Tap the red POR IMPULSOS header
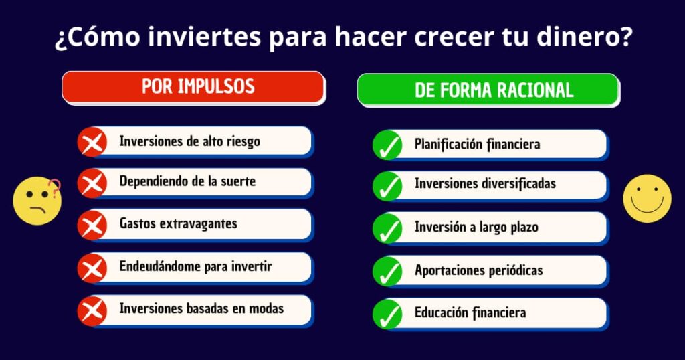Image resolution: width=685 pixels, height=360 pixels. [193, 87]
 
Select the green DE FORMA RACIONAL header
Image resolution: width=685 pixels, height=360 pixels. [488, 90]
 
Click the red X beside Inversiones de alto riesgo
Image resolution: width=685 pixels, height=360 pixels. [92, 142]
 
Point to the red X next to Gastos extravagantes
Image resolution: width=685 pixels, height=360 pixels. [92, 226]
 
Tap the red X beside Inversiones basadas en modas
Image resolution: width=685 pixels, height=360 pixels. [92, 311]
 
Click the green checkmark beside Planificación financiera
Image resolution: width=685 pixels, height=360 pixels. [387, 145]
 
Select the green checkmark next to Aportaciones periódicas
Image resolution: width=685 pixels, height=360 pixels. [387, 271]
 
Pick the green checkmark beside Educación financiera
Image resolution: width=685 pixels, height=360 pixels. [387, 314]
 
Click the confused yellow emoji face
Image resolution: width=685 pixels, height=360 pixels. [37, 201]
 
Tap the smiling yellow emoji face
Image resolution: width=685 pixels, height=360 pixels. [647, 199]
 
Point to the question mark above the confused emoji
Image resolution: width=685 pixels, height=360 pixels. [55, 188]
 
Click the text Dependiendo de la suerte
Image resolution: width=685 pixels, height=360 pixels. [187, 181]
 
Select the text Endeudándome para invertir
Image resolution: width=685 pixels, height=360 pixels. [196, 266]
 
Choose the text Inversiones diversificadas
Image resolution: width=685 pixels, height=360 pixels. [485, 183]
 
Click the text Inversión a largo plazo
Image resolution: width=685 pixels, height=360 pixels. [476, 228]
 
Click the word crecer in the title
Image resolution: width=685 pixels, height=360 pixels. [454, 37]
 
